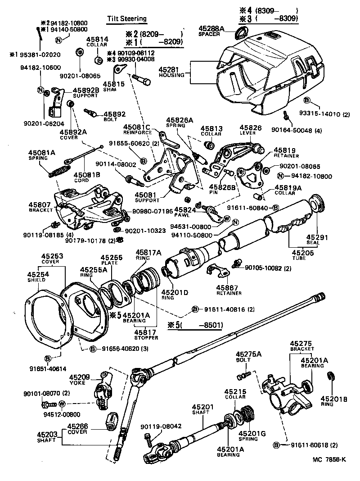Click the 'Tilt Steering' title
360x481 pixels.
(x=126, y=18)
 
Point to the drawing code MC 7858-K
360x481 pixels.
(x=329, y=459)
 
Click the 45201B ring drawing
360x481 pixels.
(x=331, y=377)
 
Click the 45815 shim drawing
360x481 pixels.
(x=119, y=69)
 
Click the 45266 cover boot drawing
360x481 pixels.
(x=111, y=423)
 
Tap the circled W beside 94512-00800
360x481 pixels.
(x=62, y=403)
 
